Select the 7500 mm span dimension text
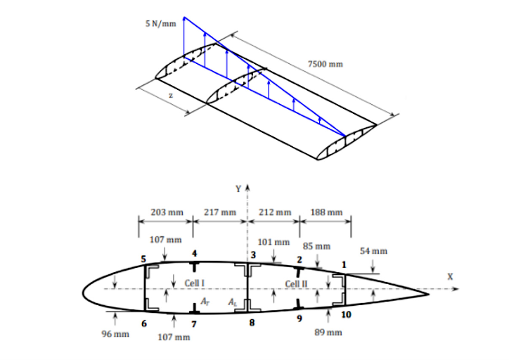pos(325,65)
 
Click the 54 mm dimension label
pos(373,250)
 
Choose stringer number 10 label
pos(346,314)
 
